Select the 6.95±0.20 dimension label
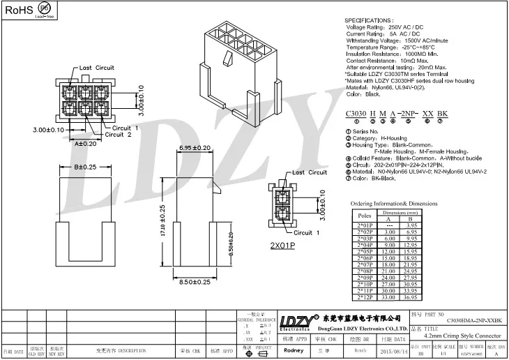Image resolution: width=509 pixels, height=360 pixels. [x=195, y=149]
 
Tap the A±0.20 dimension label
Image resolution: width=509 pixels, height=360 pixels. [x=86, y=143]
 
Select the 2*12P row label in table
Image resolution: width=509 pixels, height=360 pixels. [x=365, y=298]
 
